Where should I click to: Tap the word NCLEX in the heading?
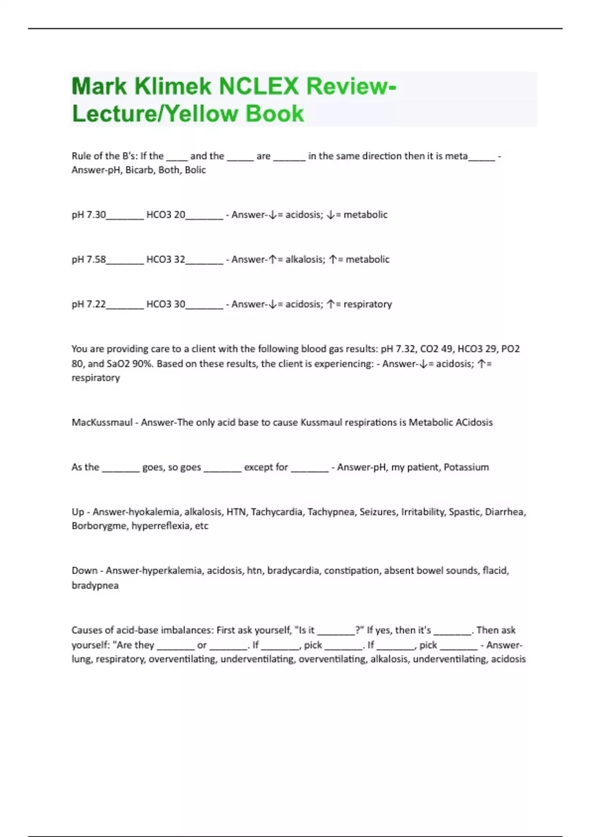tap(259, 87)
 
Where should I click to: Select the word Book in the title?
tap(274, 114)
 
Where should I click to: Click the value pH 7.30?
tap(89, 215)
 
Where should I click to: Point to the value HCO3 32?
tap(165, 259)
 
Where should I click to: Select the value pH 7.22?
tap(89, 304)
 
